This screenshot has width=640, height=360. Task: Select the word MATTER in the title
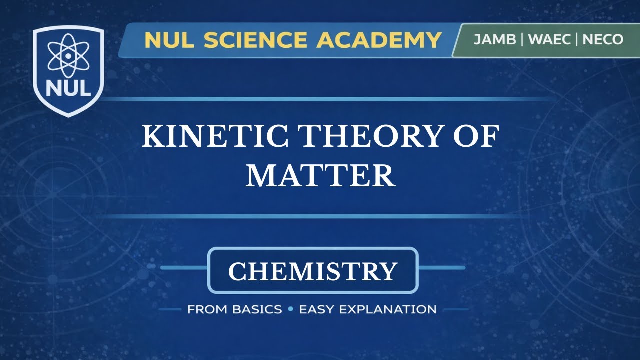point(320,176)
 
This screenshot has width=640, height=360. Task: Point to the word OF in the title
point(475,137)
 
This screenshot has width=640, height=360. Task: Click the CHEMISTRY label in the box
point(313,271)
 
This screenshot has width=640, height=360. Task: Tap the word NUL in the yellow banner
point(169,40)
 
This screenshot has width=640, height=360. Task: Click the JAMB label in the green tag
point(494,40)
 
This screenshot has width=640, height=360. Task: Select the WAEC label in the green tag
point(549,40)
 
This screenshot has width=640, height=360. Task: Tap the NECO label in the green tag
point(603,40)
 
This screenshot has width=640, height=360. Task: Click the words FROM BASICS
point(234,309)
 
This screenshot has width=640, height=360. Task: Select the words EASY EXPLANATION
point(368,309)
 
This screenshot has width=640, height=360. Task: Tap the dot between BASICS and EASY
point(290,309)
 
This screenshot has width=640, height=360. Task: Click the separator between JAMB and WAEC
point(522,40)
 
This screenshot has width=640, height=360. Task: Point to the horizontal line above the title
point(320,99)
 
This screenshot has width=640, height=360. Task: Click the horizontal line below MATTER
point(320,216)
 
